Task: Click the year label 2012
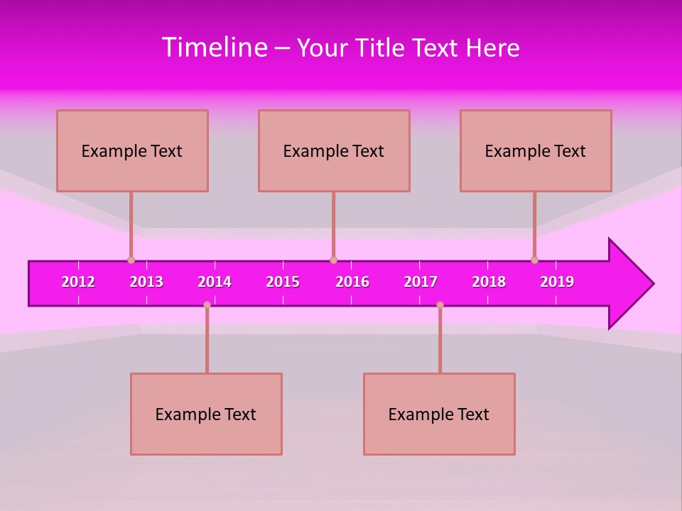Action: pyautogui.click(x=78, y=282)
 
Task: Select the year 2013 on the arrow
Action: pyautogui.click(x=146, y=282)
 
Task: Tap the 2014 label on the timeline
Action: pyautogui.click(x=215, y=282)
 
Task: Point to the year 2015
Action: pyautogui.click(x=283, y=282)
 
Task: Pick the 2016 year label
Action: pyautogui.click(x=352, y=282)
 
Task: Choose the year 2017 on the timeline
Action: pyautogui.click(x=421, y=282)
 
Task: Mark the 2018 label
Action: pyautogui.click(x=489, y=282)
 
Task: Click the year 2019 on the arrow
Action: pyautogui.click(x=557, y=282)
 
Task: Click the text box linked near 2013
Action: pyautogui.click(x=132, y=150)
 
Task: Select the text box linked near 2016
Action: pyautogui.click(x=334, y=150)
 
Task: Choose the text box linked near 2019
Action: pyautogui.click(x=536, y=150)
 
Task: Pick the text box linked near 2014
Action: pyautogui.click(x=206, y=414)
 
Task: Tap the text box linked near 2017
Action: pyautogui.click(x=439, y=414)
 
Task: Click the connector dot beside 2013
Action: pyautogui.click(x=131, y=260)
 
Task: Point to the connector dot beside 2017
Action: pyautogui.click(x=440, y=304)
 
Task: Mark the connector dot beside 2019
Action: pyautogui.click(x=534, y=260)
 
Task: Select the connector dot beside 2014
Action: pyautogui.click(x=207, y=304)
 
